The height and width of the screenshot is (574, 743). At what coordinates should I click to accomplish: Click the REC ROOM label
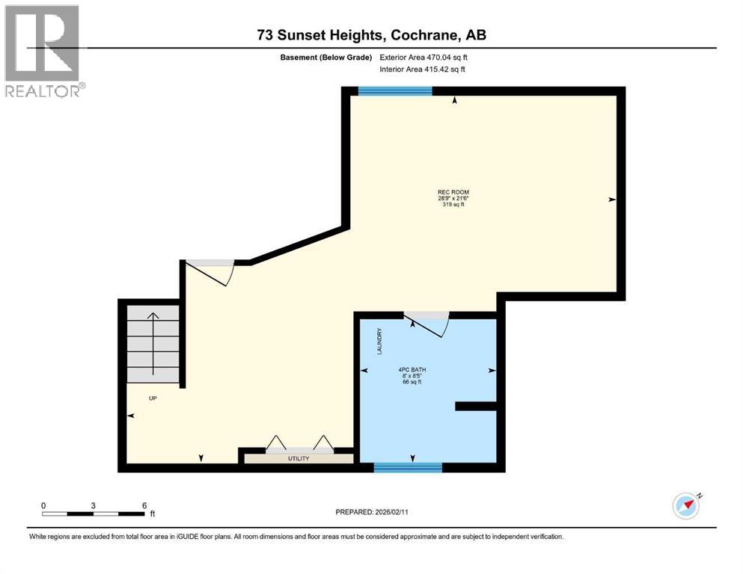[x=453, y=192]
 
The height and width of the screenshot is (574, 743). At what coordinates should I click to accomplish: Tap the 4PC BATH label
[x=412, y=369]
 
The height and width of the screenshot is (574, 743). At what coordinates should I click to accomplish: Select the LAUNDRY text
[x=379, y=341]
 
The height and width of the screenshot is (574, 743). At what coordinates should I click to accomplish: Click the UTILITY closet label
[x=299, y=459]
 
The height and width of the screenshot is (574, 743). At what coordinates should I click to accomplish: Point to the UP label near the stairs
[x=153, y=398]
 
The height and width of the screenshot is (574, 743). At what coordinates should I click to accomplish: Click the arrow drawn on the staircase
[x=153, y=343]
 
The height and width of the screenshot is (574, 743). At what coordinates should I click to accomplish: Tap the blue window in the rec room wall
[x=395, y=91]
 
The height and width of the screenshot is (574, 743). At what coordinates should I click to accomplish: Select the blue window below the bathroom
[x=408, y=468]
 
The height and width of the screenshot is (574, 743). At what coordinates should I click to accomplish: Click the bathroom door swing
[x=426, y=324]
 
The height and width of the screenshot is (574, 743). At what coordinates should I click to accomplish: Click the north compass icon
[x=687, y=505]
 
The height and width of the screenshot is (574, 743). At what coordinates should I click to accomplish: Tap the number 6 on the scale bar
[x=144, y=505]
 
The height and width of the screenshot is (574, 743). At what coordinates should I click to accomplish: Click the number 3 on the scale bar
[x=94, y=505]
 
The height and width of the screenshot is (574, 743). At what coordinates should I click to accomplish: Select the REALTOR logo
[x=43, y=51]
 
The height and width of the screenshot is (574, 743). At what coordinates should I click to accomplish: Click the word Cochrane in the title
[x=424, y=35]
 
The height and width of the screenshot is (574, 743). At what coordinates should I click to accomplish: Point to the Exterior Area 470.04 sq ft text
[x=424, y=58]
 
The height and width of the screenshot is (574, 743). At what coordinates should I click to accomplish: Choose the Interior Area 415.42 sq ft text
[x=422, y=69]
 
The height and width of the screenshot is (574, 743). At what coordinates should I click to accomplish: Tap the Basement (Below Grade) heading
[x=326, y=58]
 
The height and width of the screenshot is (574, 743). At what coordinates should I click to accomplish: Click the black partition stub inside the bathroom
[x=476, y=406]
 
